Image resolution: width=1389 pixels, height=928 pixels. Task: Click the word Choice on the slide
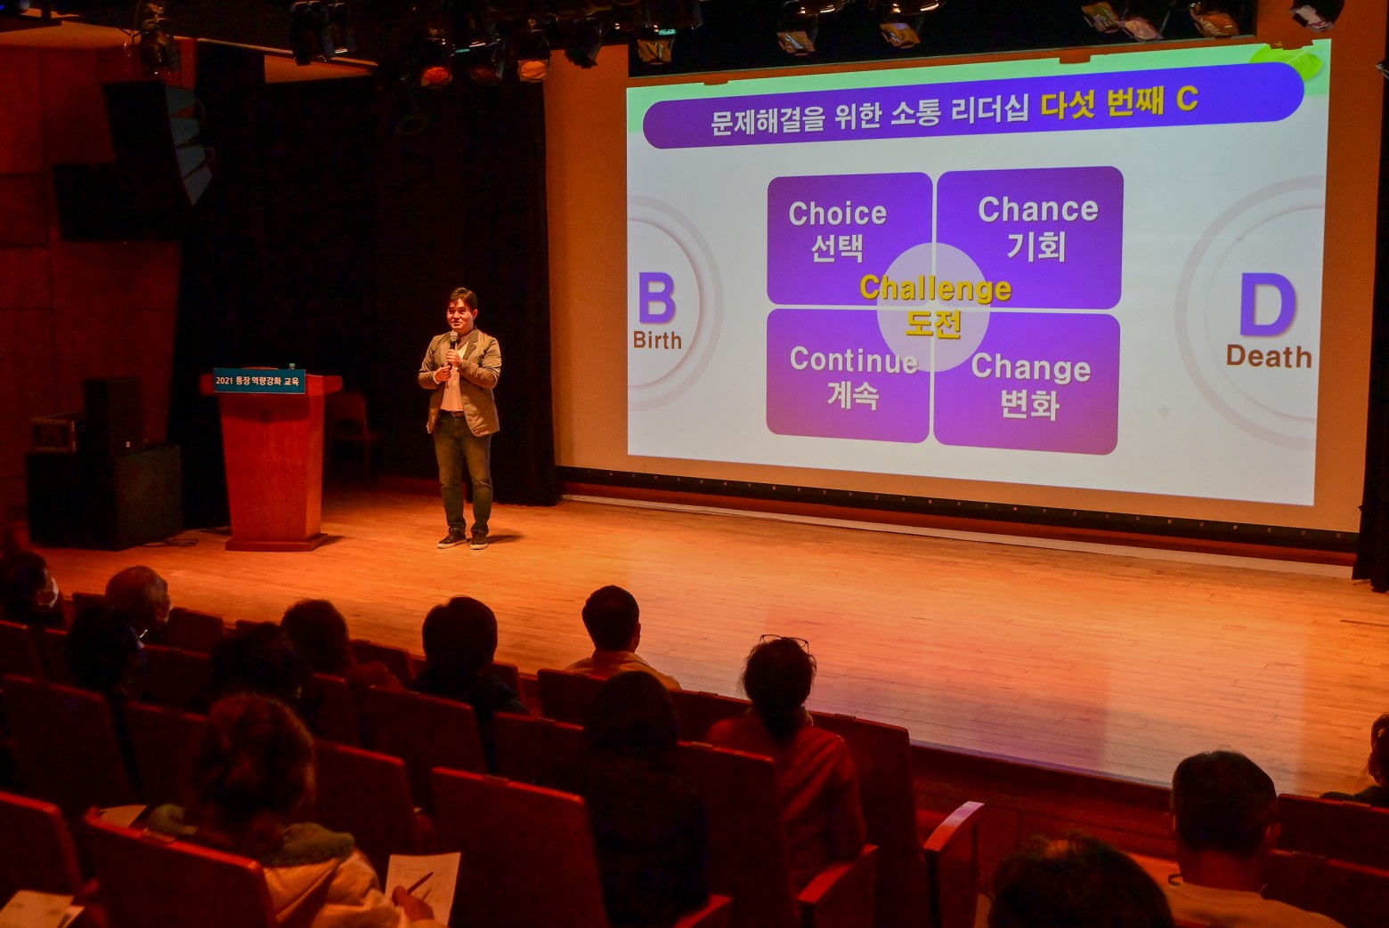click(837, 214)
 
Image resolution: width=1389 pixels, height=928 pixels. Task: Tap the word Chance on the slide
click(1038, 209)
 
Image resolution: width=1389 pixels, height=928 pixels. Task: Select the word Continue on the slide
click(854, 360)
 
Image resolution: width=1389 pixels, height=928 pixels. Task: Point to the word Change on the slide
click(1030, 368)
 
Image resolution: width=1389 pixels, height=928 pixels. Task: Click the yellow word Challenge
click(935, 288)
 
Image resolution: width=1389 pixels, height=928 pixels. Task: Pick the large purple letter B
click(657, 298)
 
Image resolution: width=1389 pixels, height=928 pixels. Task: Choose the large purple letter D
click(1268, 304)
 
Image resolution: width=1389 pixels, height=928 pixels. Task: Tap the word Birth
click(657, 340)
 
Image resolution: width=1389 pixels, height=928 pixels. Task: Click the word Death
click(1269, 357)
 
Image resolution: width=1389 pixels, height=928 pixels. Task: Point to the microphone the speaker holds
click(452, 341)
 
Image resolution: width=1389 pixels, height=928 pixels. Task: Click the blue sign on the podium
click(259, 381)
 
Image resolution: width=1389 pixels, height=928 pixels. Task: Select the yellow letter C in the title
click(1187, 99)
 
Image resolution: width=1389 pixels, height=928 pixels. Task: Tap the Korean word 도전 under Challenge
click(933, 323)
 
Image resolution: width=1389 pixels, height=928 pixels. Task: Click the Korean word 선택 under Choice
click(837, 248)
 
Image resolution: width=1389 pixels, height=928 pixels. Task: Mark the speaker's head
click(462, 309)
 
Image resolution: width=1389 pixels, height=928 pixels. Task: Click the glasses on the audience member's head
click(784, 642)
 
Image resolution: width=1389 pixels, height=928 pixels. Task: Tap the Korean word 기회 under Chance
click(1036, 246)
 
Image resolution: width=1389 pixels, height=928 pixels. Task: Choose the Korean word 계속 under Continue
click(853, 395)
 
